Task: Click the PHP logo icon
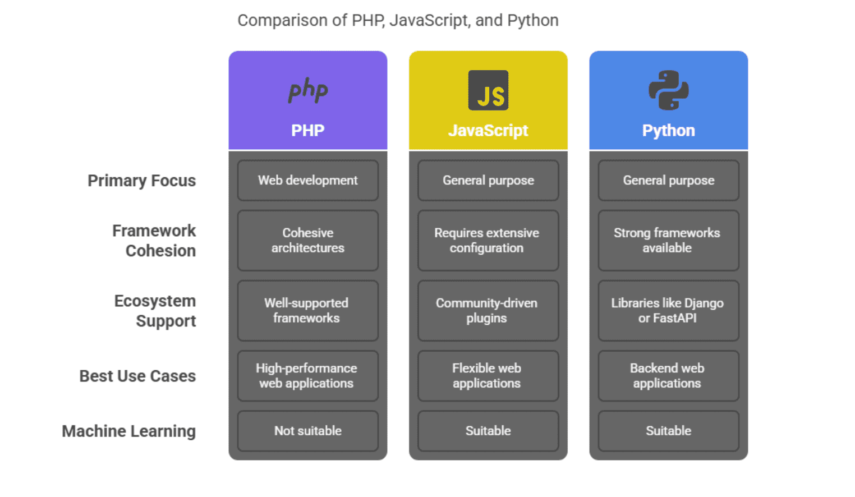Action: [x=308, y=90]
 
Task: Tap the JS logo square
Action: [x=488, y=90]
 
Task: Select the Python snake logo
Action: [x=668, y=90]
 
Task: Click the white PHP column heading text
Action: [x=307, y=131]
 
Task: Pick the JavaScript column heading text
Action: [x=488, y=131]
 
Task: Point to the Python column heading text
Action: [x=668, y=131]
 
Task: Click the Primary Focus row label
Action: [x=141, y=181]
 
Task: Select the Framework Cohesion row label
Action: [x=154, y=241]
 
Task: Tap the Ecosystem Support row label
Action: [x=155, y=311]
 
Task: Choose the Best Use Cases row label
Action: [x=137, y=376]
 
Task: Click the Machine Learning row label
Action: [x=128, y=431]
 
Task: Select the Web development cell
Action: [x=307, y=180]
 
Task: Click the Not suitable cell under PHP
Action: [x=307, y=431]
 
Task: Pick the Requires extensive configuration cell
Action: [x=488, y=241]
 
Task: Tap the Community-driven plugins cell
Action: [x=488, y=310]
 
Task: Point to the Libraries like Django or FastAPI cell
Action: [x=668, y=310]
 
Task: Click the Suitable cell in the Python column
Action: [x=668, y=431]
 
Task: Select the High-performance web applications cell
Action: [x=307, y=376]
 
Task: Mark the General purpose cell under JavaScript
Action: [x=488, y=180]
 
